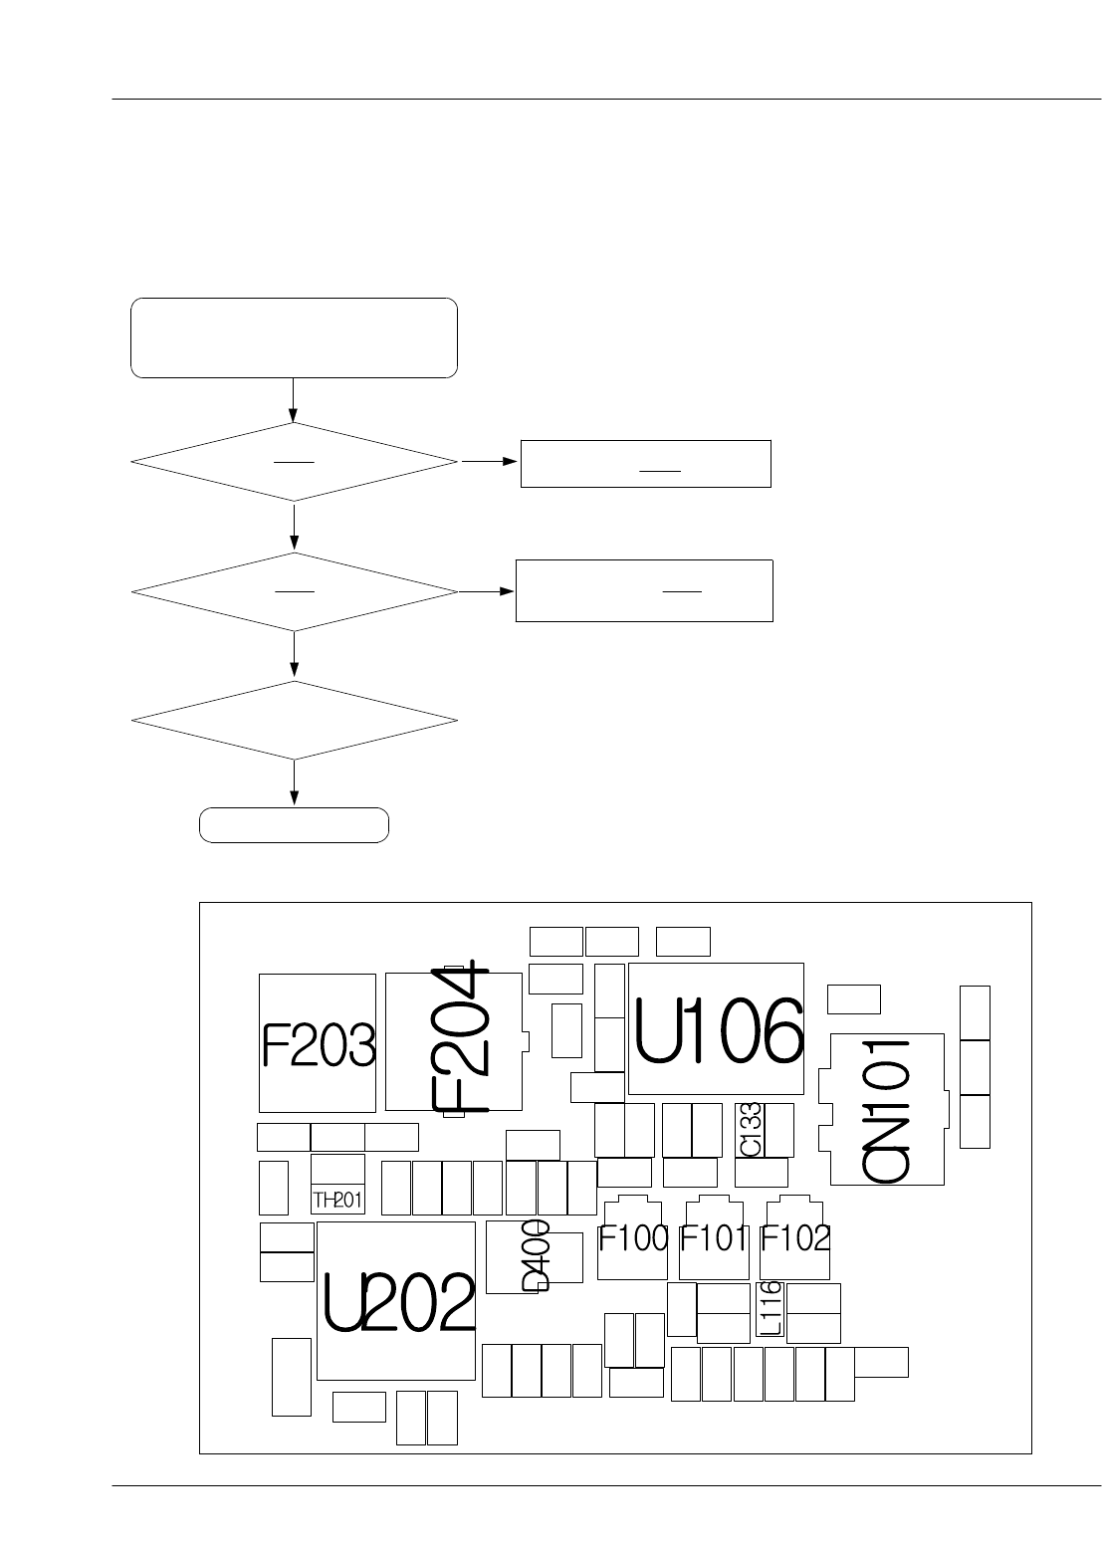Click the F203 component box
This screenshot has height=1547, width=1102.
click(318, 1043)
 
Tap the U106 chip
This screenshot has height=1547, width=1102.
click(717, 1029)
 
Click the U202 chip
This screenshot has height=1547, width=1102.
click(396, 1300)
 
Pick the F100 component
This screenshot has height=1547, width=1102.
click(633, 1238)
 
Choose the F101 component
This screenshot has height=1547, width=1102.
click(714, 1238)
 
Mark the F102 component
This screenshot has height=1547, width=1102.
click(794, 1238)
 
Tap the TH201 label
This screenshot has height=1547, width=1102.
click(337, 1200)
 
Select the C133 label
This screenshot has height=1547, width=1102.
click(751, 1130)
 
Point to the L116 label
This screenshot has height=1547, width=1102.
click(771, 1308)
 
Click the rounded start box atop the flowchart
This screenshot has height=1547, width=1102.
click(294, 337)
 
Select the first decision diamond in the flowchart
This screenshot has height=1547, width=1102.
click(294, 462)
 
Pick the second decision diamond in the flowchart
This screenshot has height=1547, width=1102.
click(294, 591)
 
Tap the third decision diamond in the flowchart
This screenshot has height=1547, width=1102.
click(294, 720)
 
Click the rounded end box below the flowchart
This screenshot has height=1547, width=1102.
click(294, 825)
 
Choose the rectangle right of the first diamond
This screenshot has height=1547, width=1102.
click(645, 463)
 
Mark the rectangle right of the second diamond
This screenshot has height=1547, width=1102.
click(644, 590)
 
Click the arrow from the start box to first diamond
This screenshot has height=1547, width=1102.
click(294, 400)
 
